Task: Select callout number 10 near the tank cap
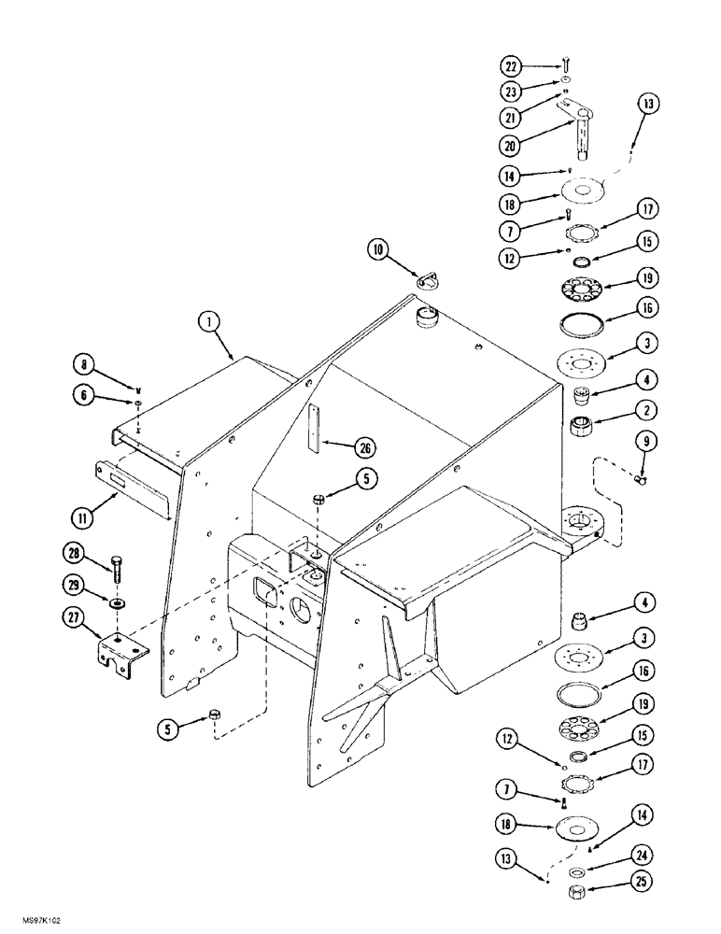[x=377, y=249]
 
